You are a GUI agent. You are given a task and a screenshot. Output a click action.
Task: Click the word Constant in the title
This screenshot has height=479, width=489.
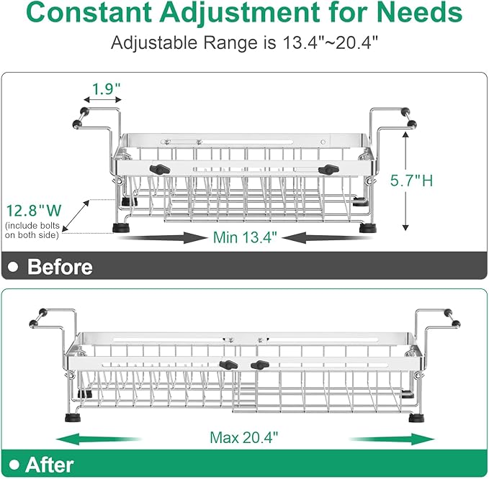pos(89,12)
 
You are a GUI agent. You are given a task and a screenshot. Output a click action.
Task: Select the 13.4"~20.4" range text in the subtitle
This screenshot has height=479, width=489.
pos(331,42)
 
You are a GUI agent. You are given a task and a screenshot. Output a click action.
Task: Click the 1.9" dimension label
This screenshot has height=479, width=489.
pos(106,89)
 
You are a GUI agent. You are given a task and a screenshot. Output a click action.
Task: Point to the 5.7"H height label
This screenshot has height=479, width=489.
pos(412,181)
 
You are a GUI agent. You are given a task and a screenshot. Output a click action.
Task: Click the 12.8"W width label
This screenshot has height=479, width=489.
pos(34,211)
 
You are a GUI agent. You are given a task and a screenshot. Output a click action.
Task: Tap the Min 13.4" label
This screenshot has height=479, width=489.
pos(245,237)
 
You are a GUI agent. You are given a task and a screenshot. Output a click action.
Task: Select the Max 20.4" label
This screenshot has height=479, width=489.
pos(243,437)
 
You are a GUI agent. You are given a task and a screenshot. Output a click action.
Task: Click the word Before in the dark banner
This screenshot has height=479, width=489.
pos(60,267)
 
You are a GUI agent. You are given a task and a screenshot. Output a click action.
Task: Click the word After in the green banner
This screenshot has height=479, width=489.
pos(50,465)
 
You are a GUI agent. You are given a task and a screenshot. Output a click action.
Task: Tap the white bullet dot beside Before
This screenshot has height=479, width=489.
pos(13,267)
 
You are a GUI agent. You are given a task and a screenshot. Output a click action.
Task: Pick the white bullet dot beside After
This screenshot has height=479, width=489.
pos(14,465)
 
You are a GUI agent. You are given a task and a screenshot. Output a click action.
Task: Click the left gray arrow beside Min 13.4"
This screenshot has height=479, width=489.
pos(162,238)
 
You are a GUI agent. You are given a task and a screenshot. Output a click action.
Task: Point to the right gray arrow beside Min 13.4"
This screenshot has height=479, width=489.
pos(328,238)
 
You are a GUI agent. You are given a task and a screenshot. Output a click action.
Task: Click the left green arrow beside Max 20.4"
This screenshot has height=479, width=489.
pos(99,439)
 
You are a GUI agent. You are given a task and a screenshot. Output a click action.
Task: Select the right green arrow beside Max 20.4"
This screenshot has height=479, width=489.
pos(392,439)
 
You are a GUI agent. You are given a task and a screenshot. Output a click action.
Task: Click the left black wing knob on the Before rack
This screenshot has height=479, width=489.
pos(160,170)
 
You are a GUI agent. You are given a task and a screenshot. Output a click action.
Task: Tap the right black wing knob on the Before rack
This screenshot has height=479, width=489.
pos(328,170)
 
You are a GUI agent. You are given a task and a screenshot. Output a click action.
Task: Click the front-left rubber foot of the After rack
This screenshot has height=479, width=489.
pos(73,417)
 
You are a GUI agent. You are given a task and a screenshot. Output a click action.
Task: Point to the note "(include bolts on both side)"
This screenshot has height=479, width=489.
pos(32,230)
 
